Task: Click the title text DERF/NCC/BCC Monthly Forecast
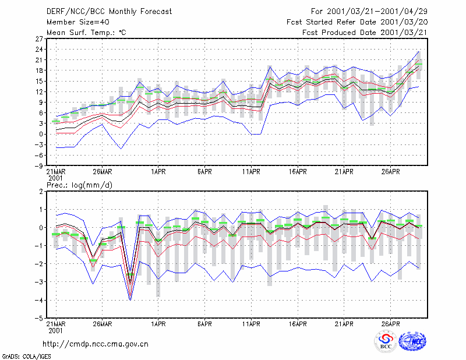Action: [x=109, y=12]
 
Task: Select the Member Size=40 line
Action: [x=78, y=22]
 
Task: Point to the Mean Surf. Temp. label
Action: [x=86, y=33]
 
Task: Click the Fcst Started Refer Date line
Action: [x=357, y=22]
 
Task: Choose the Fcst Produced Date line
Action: [x=365, y=33]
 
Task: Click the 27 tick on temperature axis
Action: [x=39, y=38]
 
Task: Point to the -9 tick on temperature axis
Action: [x=38, y=166]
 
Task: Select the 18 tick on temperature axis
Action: [x=39, y=70]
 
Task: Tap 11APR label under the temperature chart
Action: [x=251, y=172]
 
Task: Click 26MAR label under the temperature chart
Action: [x=103, y=172]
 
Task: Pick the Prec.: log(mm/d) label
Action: [x=79, y=185]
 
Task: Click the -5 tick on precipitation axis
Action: [x=38, y=319]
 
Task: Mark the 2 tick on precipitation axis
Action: [x=41, y=192]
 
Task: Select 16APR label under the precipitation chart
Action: [x=298, y=324]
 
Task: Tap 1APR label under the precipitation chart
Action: [x=158, y=324]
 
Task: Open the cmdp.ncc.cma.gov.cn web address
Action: [x=96, y=344]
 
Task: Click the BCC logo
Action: [x=386, y=341]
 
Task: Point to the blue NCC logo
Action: [x=412, y=341]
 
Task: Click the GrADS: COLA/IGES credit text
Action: [x=27, y=357]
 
